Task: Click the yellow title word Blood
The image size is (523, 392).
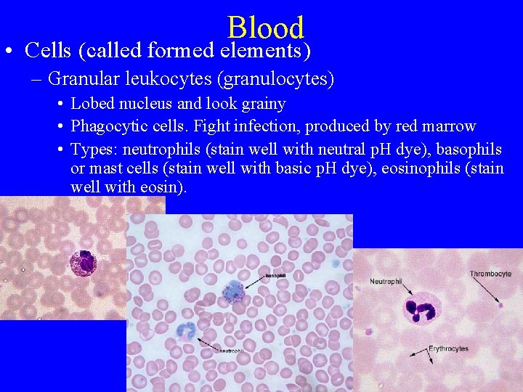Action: (x=265, y=28)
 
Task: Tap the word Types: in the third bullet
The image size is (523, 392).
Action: (x=94, y=150)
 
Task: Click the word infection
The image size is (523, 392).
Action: (x=266, y=126)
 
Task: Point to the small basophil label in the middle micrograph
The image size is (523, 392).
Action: (x=275, y=276)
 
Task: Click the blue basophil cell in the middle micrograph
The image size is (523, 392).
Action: (x=232, y=291)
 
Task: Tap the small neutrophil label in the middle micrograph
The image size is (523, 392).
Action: (x=230, y=350)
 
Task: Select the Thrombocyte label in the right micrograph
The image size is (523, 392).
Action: (x=490, y=274)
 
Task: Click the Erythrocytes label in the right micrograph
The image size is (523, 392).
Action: (x=449, y=349)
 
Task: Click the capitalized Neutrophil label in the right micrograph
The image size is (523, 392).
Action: (x=386, y=281)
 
